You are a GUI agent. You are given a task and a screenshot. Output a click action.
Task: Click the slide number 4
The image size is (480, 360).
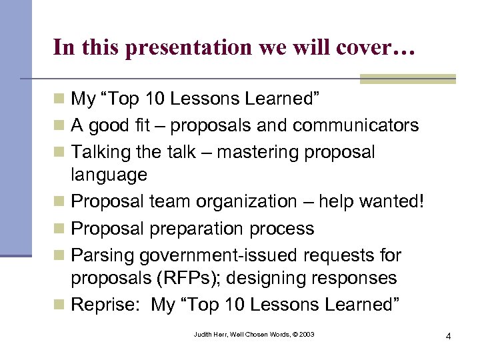[x=449, y=336]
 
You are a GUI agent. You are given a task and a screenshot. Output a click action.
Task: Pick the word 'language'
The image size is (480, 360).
[x=109, y=175]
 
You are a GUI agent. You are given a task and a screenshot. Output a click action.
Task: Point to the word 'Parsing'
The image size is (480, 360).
[x=101, y=255]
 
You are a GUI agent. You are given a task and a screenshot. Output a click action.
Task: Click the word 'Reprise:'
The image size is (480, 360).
[x=107, y=305]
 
